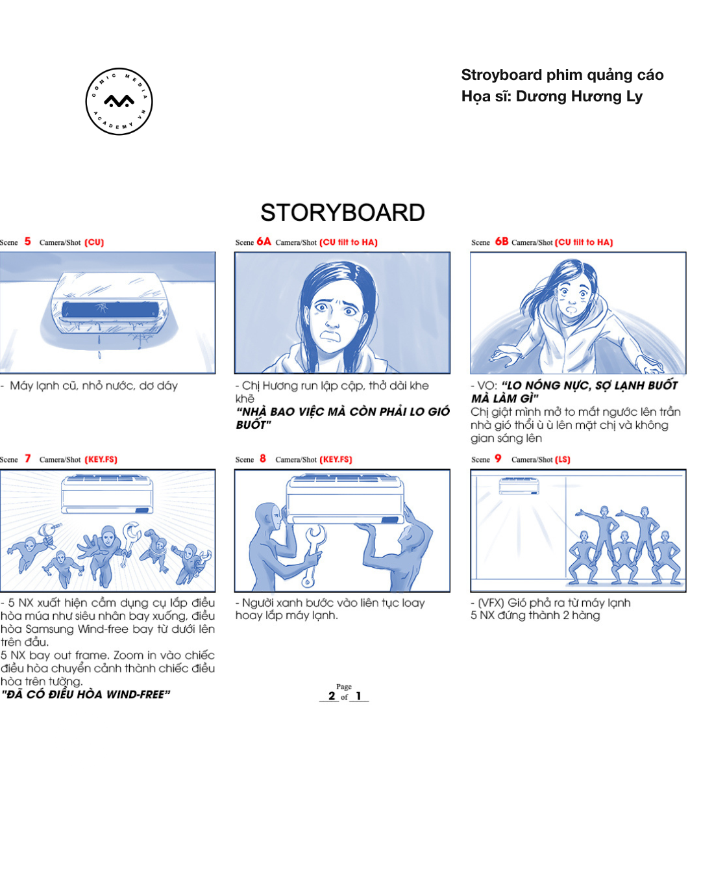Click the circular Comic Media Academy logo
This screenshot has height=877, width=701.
point(119,101)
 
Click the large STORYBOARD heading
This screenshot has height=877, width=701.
point(343,212)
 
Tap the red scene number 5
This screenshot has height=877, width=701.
point(28,241)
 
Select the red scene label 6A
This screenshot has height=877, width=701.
point(264,241)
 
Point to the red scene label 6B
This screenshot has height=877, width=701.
point(502,241)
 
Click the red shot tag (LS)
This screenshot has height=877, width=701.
point(562,459)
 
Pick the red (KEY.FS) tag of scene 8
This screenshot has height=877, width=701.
point(336,459)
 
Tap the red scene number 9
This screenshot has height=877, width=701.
point(498,459)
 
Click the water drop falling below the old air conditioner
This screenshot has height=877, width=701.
point(99,355)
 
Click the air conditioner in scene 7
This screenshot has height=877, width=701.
point(107,494)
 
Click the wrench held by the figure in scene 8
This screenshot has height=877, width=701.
point(312,555)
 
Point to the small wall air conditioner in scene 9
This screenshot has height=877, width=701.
point(519,486)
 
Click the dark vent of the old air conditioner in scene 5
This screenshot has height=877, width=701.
point(110,309)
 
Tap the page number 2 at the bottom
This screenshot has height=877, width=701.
point(332,696)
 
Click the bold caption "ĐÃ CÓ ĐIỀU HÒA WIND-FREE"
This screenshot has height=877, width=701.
point(86,694)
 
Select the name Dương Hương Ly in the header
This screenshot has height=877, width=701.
point(579,97)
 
